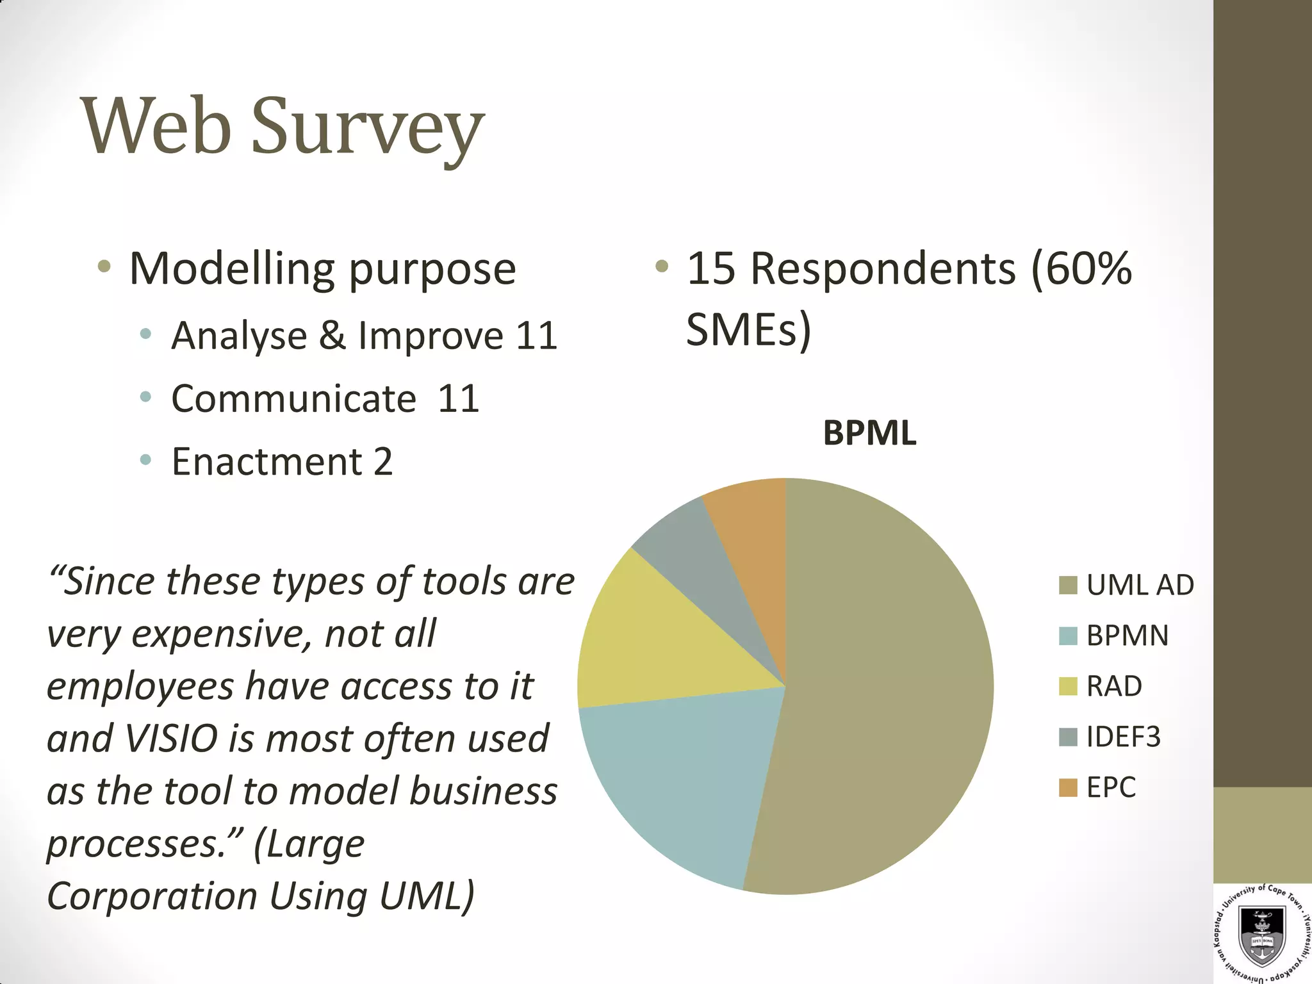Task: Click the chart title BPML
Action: (869, 433)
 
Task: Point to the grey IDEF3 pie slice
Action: (698, 557)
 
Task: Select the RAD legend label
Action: (1114, 686)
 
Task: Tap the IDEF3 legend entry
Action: (1123, 737)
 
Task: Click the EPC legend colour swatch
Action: (1068, 787)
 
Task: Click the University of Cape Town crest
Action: (1262, 935)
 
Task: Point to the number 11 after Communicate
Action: (458, 398)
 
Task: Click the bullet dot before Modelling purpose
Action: (104, 266)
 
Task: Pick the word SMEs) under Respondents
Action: (748, 329)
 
